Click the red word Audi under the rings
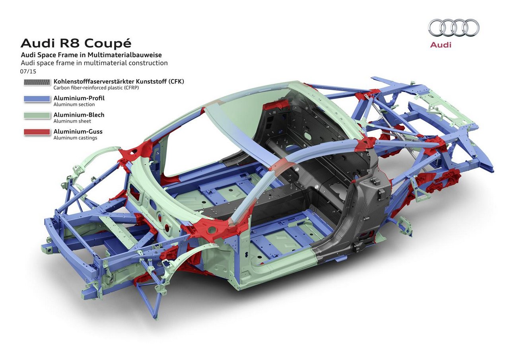pyautogui.click(x=441, y=45)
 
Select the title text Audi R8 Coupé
pyautogui.click(x=76, y=44)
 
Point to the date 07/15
pyautogui.click(x=28, y=71)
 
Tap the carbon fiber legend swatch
pyautogui.click(x=37, y=82)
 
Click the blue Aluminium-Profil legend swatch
pyautogui.click(x=37, y=99)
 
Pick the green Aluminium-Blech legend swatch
pyautogui.click(x=37, y=115)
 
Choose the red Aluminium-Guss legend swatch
pyautogui.click(x=37, y=132)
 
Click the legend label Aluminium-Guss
pyautogui.click(x=78, y=131)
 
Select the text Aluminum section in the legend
pyautogui.click(x=74, y=105)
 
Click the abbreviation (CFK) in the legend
pyautogui.click(x=176, y=82)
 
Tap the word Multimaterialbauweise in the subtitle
pyautogui.click(x=125, y=55)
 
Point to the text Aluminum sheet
pyautogui.click(x=72, y=121)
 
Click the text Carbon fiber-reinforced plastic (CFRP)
pyautogui.click(x=96, y=88)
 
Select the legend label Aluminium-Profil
pyautogui.click(x=79, y=98)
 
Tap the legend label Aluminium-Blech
pyautogui.click(x=79, y=115)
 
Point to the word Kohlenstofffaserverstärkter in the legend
pyautogui.click(x=94, y=82)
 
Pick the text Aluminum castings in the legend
pyautogui.click(x=76, y=138)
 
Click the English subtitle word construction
pyautogui.click(x=148, y=63)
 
